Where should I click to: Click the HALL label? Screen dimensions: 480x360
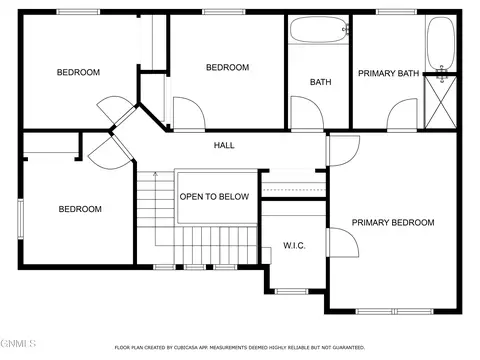[x=224, y=145]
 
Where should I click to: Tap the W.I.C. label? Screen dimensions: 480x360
[x=294, y=246]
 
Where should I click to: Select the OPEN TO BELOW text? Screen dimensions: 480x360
[x=214, y=197]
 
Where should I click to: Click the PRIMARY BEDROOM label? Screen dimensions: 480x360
[x=393, y=223]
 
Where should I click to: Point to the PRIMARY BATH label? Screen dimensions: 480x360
[x=388, y=73]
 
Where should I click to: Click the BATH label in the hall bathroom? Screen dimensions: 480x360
[x=321, y=82]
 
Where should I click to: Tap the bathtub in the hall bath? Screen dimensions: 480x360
[x=319, y=30]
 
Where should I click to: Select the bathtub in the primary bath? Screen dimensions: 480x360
[x=441, y=43]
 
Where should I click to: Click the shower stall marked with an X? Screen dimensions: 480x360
[x=441, y=102]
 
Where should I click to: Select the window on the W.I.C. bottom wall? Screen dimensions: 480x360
[x=292, y=292]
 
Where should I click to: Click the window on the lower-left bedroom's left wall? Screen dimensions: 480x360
[x=21, y=219]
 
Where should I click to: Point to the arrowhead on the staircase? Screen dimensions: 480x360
[x=155, y=174]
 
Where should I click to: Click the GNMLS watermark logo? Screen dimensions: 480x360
[x=18, y=343]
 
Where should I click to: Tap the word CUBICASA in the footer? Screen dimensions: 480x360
[x=187, y=348]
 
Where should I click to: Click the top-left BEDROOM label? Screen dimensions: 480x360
[x=78, y=72]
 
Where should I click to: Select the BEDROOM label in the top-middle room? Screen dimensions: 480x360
[x=228, y=67]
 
